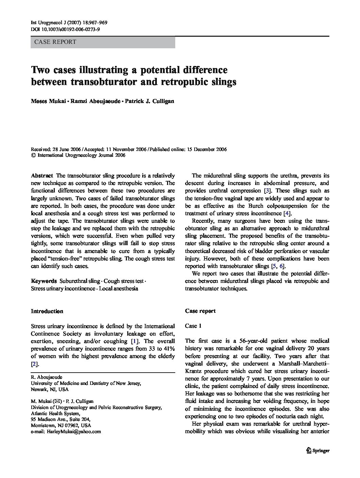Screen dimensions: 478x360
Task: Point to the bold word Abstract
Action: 42,176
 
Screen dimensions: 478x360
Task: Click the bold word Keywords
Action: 44,281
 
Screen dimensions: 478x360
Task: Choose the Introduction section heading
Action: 47,311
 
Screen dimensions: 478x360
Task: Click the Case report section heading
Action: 200,311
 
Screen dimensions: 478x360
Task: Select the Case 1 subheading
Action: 193,326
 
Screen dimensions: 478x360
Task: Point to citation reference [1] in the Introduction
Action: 135,341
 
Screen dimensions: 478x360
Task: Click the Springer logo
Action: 318,450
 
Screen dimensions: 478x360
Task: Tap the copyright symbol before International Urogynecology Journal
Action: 33,155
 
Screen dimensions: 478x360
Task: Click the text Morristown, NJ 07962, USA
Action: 61,425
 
